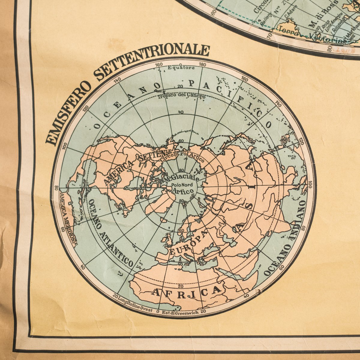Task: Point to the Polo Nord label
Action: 180,185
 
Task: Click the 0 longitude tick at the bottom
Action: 158,312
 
